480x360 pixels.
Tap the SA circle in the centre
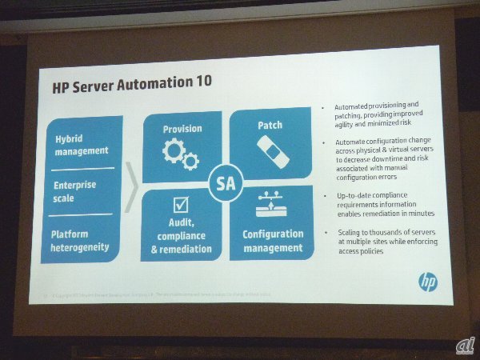coord(226,184)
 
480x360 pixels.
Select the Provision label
coord(182,128)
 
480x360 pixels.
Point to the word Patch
coord(270,126)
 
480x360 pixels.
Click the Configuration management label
coord(273,241)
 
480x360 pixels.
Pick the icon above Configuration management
coord(272,206)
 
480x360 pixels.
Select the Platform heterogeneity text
coord(80,241)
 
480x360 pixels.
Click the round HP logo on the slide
coord(428,282)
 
